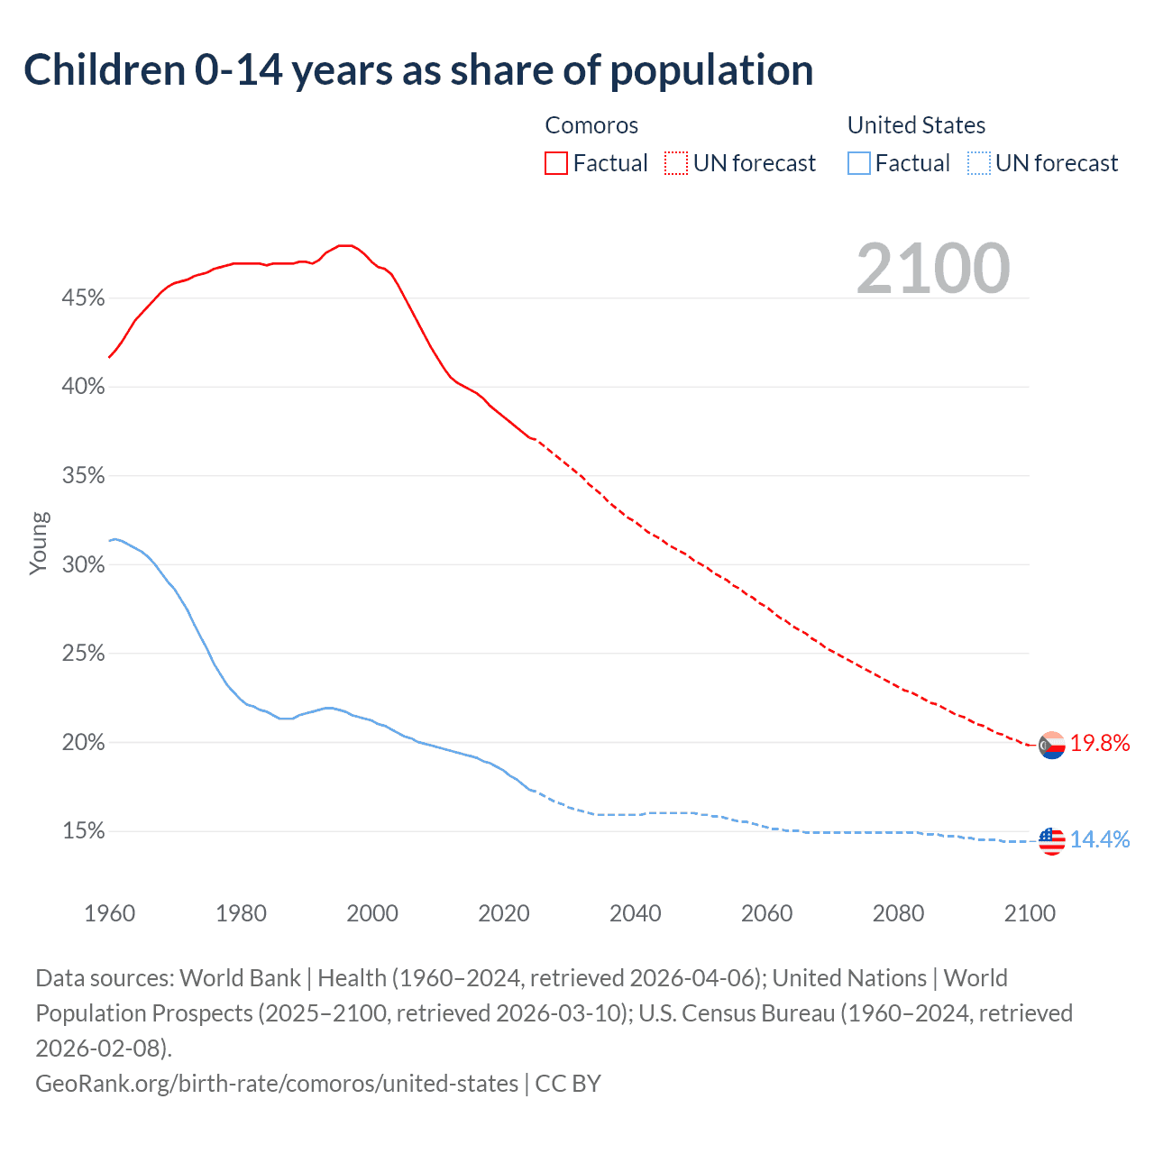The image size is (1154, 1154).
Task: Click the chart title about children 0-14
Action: click(418, 70)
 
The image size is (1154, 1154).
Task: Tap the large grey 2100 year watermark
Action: click(933, 269)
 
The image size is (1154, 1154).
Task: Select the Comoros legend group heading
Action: click(591, 125)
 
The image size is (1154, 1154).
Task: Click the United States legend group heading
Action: click(916, 125)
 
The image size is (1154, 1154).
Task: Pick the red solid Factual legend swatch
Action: click(556, 163)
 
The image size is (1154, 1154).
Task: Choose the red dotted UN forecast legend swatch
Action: click(676, 163)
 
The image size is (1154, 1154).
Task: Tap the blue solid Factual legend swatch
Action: click(859, 163)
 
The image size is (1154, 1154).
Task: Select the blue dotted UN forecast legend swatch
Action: click(978, 163)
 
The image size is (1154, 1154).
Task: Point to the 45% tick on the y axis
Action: click(83, 298)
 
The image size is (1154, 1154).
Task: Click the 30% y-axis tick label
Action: click(83, 565)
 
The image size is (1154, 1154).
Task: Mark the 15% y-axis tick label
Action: click(83, 831)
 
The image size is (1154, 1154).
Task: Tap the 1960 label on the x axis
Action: click(109, 913)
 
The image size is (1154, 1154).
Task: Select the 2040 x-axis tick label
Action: click(636, 913)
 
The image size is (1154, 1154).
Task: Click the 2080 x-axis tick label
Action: click(898, 913)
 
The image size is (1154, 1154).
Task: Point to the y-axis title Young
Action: click(39, 543)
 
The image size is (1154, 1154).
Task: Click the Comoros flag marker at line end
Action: click(1051, 746)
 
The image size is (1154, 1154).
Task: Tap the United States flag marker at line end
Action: click(1051, 841)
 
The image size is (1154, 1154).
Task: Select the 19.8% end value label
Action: click(1100, 744)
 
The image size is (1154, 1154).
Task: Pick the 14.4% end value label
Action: click(1100, 840)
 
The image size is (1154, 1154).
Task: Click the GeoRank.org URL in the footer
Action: click(277, 1083)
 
